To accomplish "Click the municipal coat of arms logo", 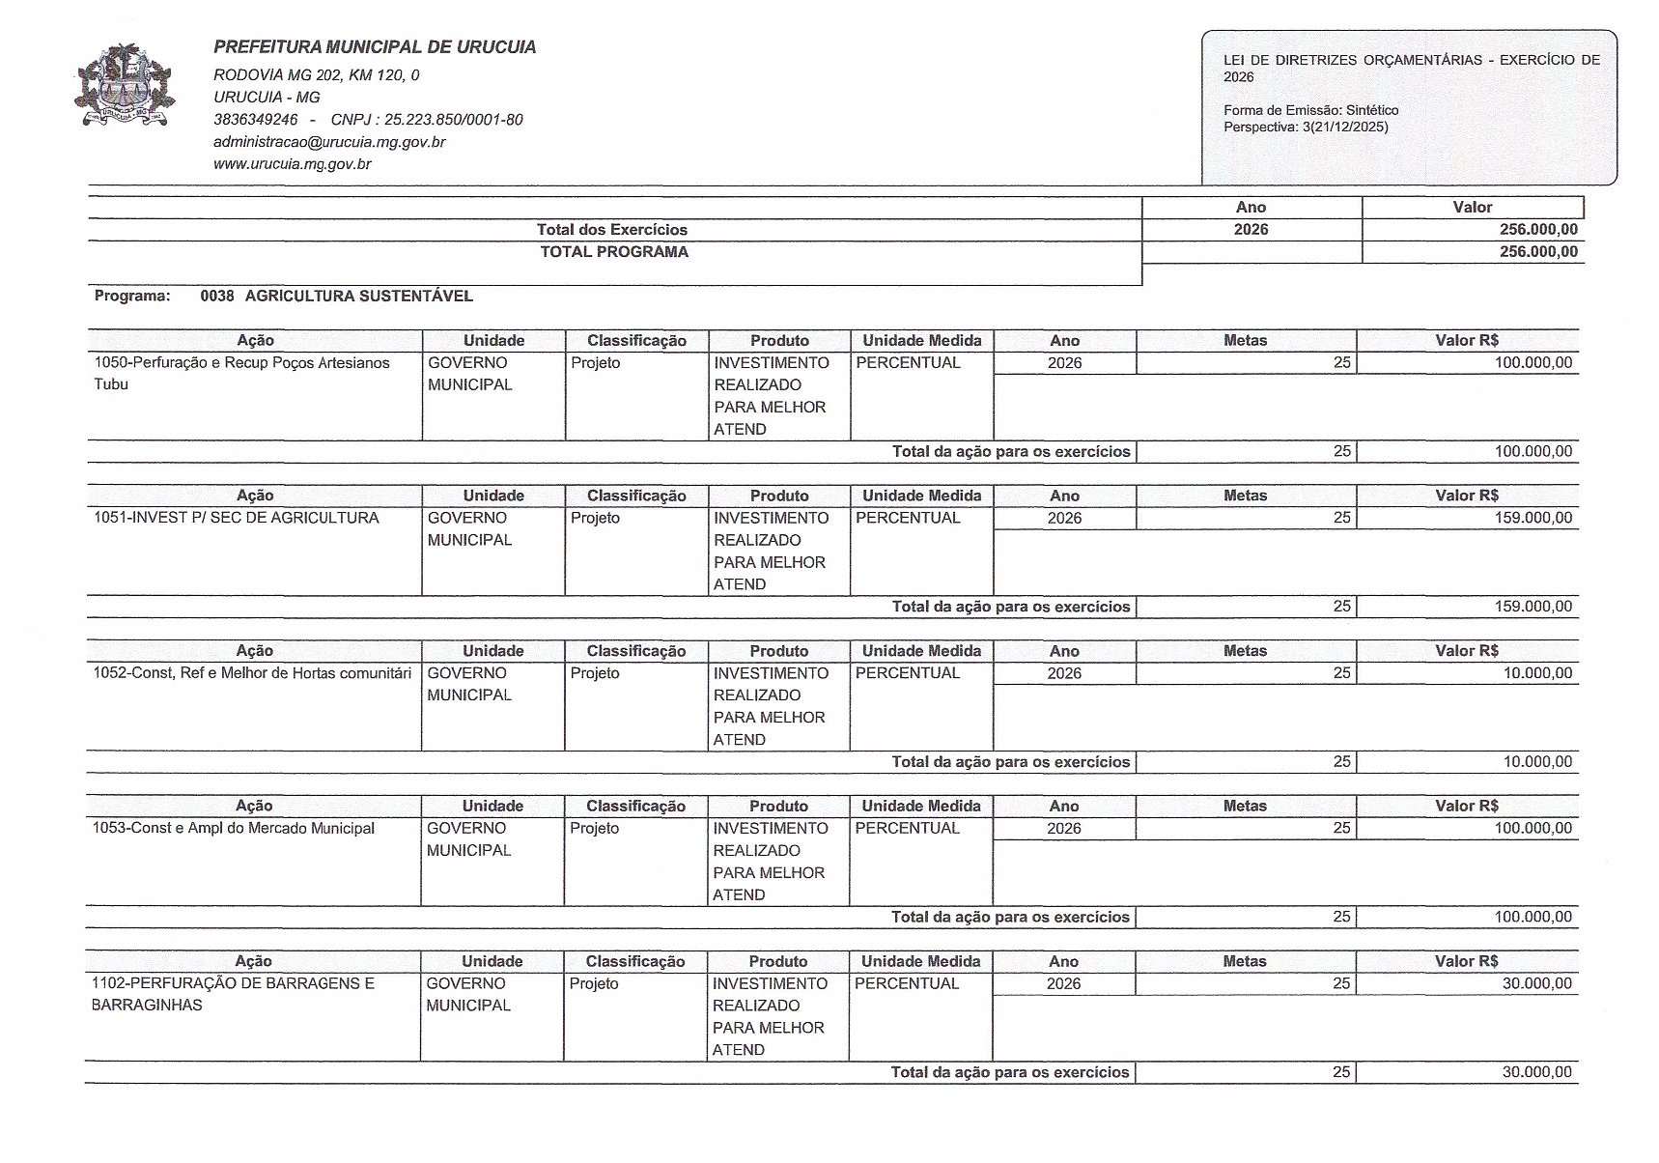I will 125,86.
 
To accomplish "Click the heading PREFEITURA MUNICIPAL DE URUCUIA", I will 375,47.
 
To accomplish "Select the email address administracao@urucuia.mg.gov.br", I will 329,142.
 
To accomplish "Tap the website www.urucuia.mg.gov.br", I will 293,164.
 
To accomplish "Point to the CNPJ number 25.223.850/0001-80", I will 453,120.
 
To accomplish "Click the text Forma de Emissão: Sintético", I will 1310,110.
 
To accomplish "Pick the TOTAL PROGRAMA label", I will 614,252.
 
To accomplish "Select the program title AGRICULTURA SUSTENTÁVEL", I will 358,296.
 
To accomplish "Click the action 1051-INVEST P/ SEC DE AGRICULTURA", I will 237,518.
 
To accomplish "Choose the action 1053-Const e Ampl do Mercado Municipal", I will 234,828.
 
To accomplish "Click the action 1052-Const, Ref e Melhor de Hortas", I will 252,673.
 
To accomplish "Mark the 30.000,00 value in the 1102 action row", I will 1537,983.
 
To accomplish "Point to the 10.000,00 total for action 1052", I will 1537,761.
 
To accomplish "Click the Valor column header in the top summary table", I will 1472,207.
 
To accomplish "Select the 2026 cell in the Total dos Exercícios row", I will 1251,230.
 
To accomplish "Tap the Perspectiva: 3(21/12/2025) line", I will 1306,127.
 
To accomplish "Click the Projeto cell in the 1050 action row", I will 596,363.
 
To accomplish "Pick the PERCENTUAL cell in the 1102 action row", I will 907,983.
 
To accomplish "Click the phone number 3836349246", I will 256,120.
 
